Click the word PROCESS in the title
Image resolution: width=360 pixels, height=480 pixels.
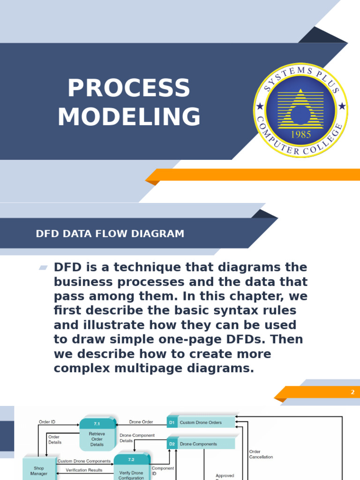(128, 89)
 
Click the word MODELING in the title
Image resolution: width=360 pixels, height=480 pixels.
(129, 117)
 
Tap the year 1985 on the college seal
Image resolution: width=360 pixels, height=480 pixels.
(301, 134)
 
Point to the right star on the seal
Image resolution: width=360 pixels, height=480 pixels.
(342, 107)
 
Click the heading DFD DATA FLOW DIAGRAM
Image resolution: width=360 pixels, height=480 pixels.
(110, 233)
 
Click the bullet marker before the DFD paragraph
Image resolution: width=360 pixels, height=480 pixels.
(43, 268)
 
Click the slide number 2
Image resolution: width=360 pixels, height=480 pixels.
(352, 392)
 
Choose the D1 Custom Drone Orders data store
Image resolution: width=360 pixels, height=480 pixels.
(201, 422)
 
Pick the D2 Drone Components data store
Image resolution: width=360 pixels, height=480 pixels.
(201, 444)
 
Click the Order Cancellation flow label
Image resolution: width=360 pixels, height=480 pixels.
(261, 454)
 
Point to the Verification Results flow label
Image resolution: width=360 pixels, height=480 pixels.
(84, 470)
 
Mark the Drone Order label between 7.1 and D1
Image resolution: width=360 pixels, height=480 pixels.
(141, 422)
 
